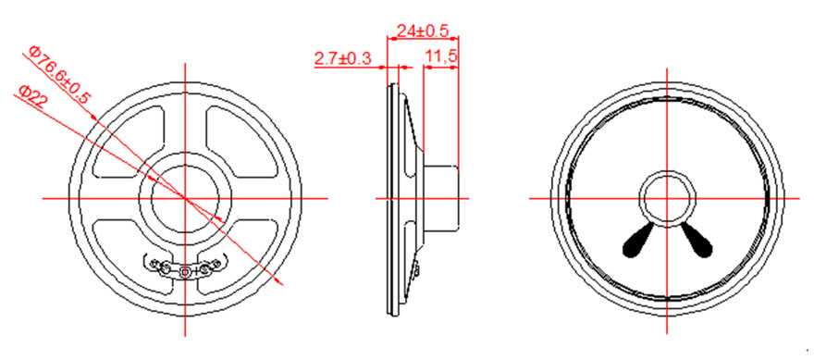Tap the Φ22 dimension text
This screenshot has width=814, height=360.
coord(32,97)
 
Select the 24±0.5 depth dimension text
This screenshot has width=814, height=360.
coord(422,31)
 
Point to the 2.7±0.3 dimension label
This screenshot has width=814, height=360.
coord(343,58)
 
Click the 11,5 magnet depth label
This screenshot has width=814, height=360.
coord(440,57)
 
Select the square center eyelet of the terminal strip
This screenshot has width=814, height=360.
coord(185,270)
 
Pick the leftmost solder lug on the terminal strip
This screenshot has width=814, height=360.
coord(154,265)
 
